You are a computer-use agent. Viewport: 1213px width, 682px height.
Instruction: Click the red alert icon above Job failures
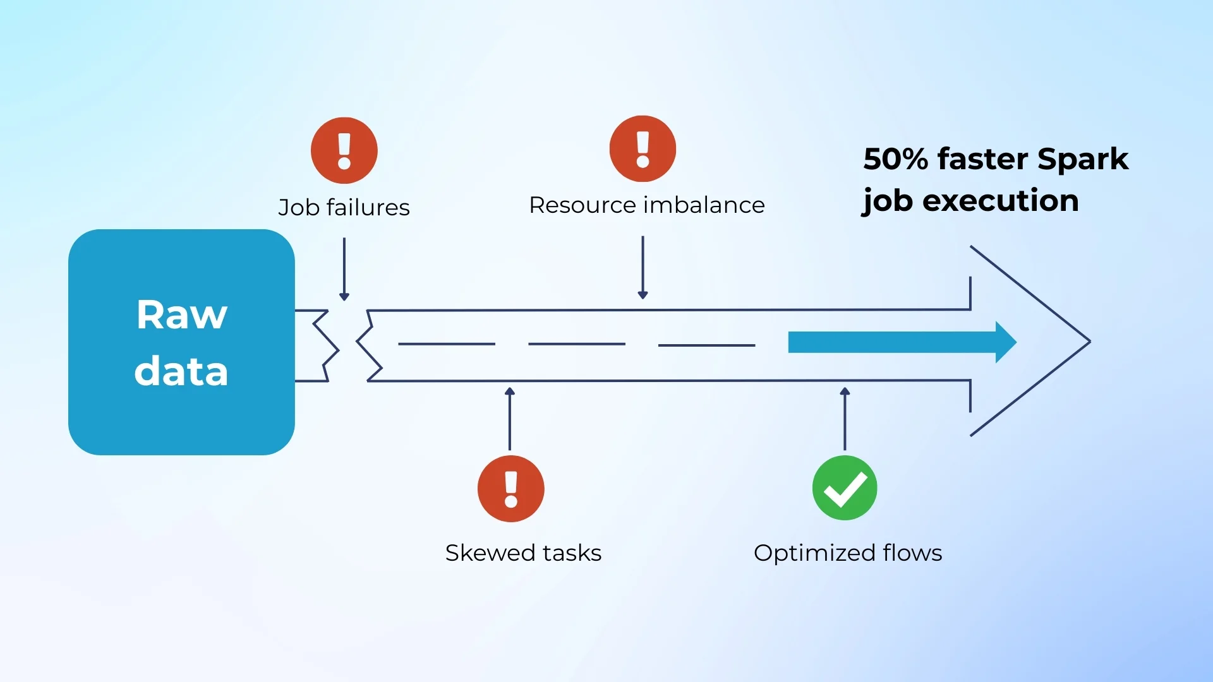click(x=344, y=150)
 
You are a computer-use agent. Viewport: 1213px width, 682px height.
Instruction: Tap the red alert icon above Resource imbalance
click(x=643, y=148)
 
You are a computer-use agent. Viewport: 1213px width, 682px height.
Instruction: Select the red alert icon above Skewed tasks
click(x=511, y=488)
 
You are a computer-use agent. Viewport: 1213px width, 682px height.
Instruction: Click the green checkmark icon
click(x=845, y=488)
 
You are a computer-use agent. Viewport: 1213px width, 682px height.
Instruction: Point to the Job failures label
click(x=344, y=207)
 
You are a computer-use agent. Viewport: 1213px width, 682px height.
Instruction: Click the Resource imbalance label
click(x=647, y=205)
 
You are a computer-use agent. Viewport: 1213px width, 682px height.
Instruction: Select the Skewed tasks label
click(x=523, y=553)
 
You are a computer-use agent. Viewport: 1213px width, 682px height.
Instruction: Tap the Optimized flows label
click(x=848, y=553)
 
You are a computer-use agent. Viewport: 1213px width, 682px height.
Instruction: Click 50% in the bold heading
click(x=895, y=159)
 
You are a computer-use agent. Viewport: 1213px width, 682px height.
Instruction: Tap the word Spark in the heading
click(x=1083, y=159)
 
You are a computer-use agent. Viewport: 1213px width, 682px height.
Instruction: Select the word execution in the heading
click(x=1001, y=200)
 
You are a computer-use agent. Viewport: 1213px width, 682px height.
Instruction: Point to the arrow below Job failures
click(x=344, y=268)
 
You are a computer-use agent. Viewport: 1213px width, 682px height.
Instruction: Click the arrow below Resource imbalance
click(x=643, y=266)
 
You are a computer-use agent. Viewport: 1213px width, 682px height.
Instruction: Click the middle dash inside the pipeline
click(x=577, y=344)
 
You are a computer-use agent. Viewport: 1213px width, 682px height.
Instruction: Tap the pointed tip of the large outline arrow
click(x=1089, y=341)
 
